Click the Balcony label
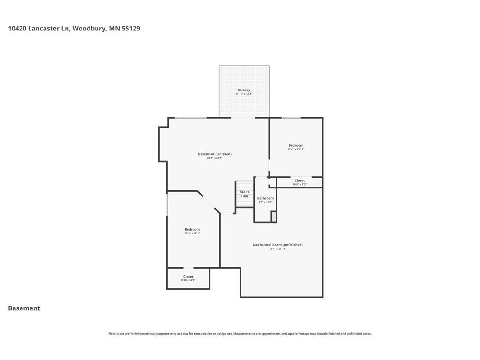(244, 90)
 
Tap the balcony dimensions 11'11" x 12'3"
(244, 94)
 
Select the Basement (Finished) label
(215, 154)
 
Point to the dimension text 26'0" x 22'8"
(215, 158)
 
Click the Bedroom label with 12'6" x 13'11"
(296, 145)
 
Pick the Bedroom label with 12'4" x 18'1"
(192, 229)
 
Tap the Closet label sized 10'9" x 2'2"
(300, 180)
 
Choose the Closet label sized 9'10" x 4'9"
(188, 277)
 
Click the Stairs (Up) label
(245, 194)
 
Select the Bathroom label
(265, 198)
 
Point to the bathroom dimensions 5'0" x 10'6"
(265, 202)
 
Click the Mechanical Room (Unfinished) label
(277, 245)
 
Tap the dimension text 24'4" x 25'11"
(277, 249)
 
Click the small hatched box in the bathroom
(274, 217)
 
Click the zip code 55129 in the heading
(131, 29)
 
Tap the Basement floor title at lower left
(24, 308)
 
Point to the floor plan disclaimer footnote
(240, 334)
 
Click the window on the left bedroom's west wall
(167, 205)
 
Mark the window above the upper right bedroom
(291, 118)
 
